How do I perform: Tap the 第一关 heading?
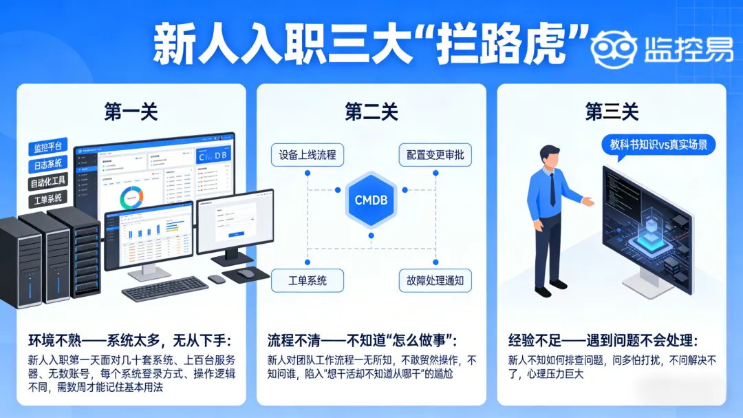pos(131,112)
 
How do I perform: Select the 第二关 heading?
pos(371,112)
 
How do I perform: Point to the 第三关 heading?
pos(612,112)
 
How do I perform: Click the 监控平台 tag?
pos(47,147)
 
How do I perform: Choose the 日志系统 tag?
pos(47,165)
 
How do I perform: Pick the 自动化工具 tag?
pos(48,182)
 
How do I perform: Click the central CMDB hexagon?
pos(371,200)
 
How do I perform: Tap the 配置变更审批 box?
pos(435,155)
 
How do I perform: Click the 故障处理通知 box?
pos(435,280)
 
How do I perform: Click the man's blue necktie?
pos(552,189)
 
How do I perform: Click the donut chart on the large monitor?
pos(130,198)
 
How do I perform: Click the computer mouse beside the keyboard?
pos(216,280)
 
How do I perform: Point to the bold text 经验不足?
pos(529,341)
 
